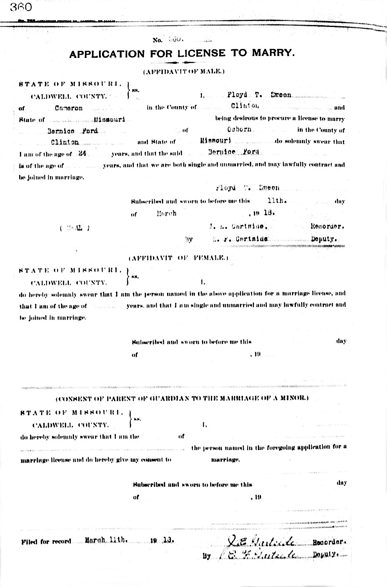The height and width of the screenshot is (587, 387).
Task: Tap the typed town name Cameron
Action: coord(69,108)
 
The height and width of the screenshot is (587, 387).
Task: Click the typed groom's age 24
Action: coord(82,154)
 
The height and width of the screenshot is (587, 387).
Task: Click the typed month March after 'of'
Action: coord(166,214)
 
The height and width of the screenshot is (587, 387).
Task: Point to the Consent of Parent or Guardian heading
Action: coord(182,398)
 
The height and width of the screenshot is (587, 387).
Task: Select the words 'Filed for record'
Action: coord(46,542)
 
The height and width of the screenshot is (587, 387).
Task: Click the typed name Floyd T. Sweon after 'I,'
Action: coord(259,95)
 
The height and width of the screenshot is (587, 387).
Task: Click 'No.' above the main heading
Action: coord(157,40)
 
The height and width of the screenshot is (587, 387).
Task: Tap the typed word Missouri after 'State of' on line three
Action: coord(109,119)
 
